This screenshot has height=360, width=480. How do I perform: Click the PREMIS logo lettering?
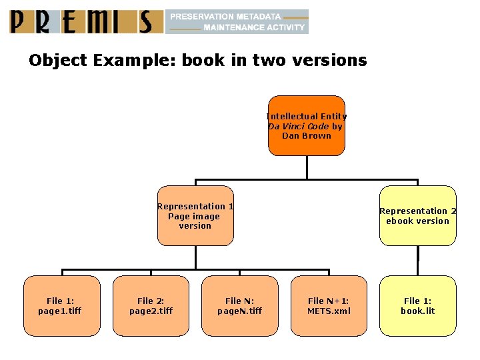tap(87, 21)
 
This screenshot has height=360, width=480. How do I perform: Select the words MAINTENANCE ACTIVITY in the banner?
tap(254, 27)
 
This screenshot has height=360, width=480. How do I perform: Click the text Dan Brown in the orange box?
tap(307, 136)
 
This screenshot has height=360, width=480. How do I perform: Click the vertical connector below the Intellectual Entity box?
tap(307, 167)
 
